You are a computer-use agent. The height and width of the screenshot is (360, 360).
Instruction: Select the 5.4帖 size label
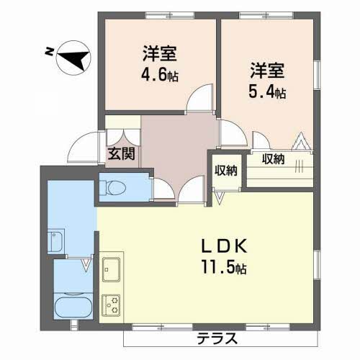click(x=268, y=92)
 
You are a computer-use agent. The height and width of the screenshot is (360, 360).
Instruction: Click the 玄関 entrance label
click(x=120, y=153)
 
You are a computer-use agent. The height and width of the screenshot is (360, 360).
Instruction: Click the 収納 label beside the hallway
click(x=225, y=171)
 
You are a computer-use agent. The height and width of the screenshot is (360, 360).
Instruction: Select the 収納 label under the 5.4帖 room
click(x=273, y=158)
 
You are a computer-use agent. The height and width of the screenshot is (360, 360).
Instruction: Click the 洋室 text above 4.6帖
click(x=159, y=53)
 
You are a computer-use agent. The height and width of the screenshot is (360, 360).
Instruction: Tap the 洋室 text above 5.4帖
click(x=268, y=71)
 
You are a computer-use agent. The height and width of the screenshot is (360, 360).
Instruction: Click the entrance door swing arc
click(x=81, y=148)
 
